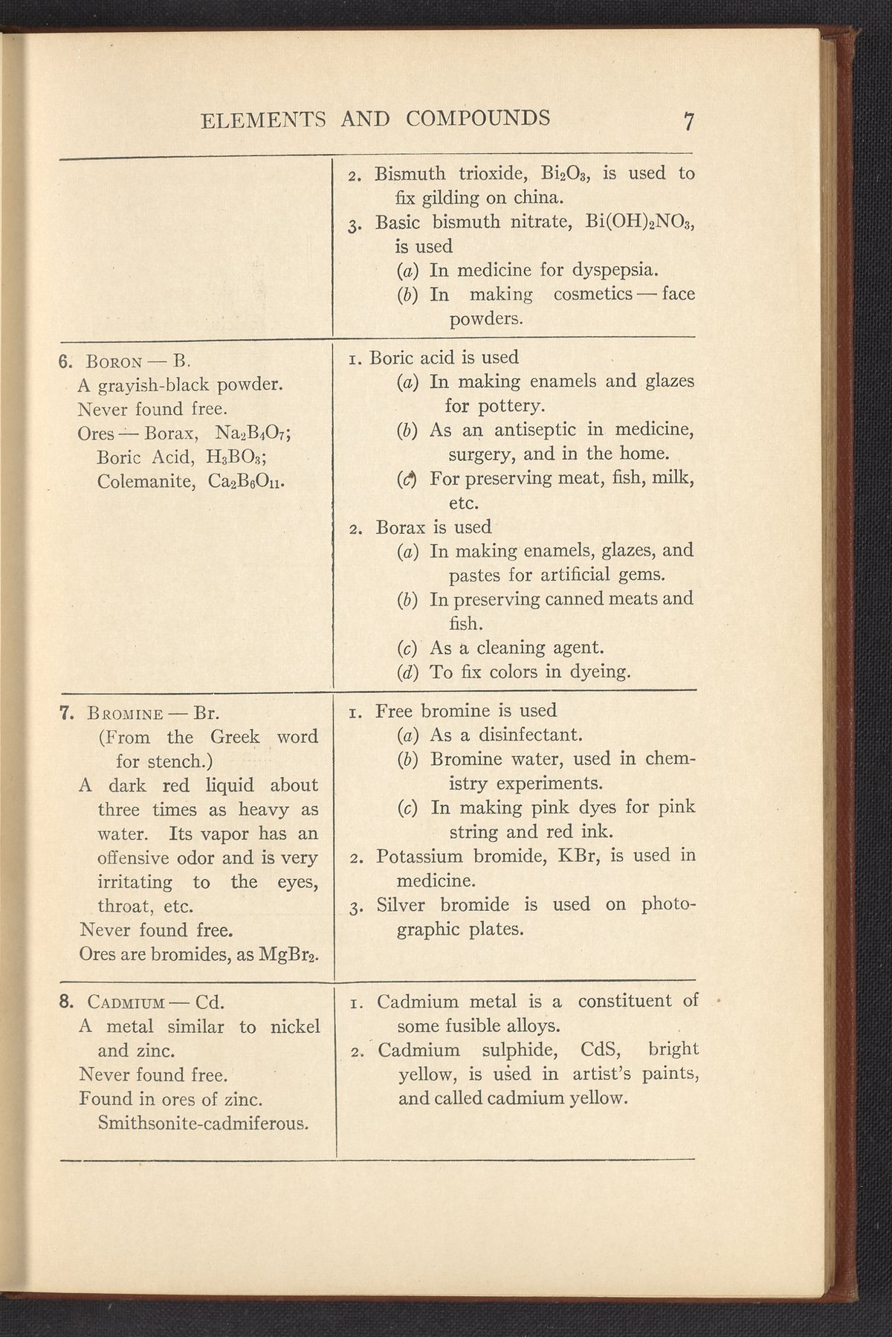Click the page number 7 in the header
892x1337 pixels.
coord(689,120)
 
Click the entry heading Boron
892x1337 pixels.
coord(114,362)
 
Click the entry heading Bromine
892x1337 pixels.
coord(124,714)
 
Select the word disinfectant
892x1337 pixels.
coord(529,735)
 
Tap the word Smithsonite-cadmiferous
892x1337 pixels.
coord(203,1122)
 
